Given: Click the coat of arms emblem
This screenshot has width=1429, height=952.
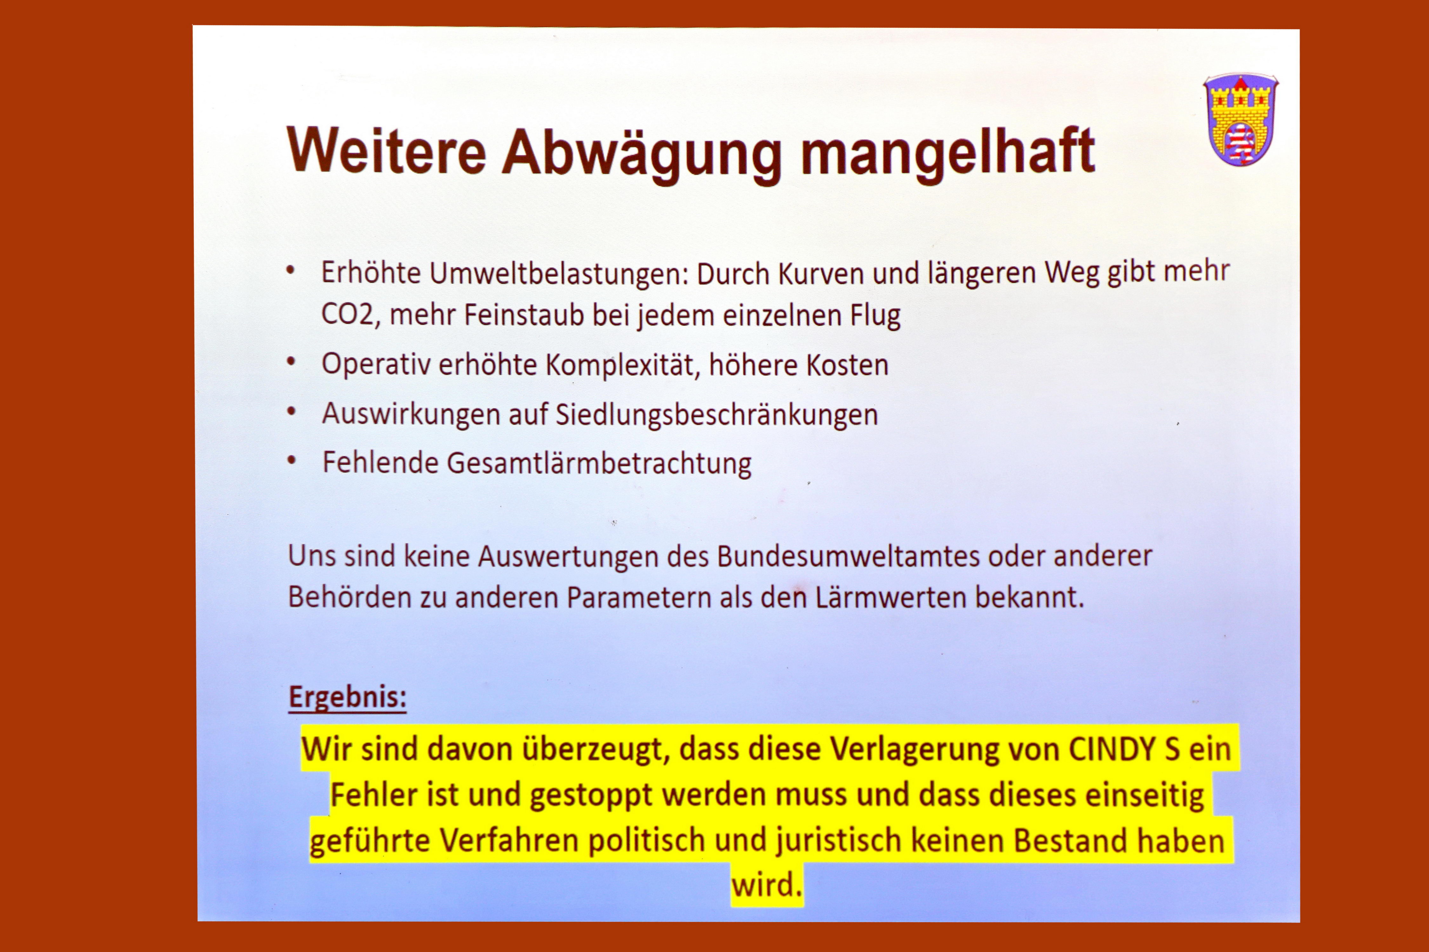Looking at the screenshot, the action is pyautogui.click(x=1241, y=120).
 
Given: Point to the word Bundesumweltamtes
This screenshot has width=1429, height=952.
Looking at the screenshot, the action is pyautogui.click(x=849, y=556).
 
